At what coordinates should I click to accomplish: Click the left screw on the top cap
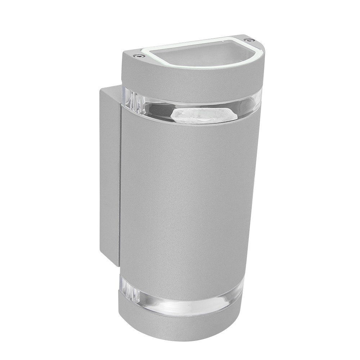coord(138,56)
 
